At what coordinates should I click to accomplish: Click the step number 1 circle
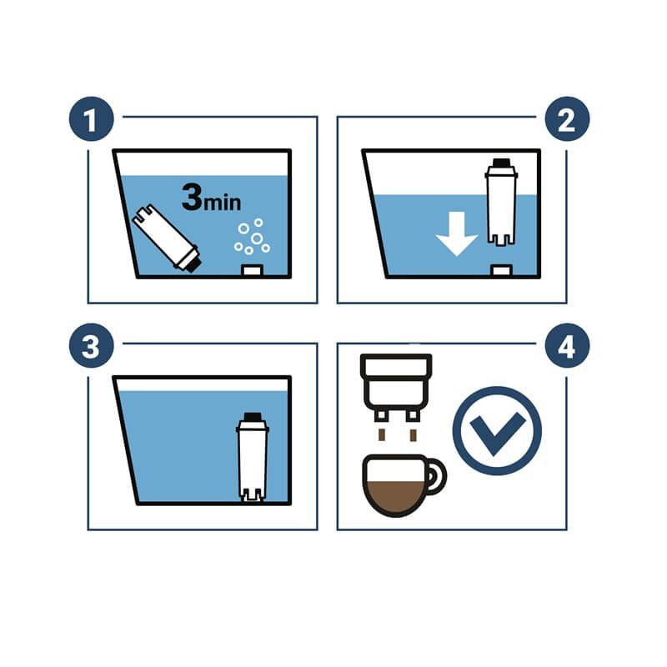[92, 119]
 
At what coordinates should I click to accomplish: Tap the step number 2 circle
[567, 119]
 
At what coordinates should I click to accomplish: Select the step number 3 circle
[92, 346]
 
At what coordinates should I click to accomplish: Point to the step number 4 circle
[567, 346]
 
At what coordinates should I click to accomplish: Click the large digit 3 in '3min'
[192, 197]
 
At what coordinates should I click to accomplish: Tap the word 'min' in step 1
[223, 202]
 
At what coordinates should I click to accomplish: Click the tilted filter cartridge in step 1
[166, 238]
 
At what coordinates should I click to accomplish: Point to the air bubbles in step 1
[253, 236]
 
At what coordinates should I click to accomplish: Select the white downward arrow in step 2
[457, 233]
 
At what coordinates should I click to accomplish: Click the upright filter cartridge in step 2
[502, 202]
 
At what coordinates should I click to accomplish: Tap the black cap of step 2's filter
[502, 163]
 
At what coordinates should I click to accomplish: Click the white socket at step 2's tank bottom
[502, 270]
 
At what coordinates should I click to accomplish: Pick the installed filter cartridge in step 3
[253, 457]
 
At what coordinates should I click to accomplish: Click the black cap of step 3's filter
[253, 416]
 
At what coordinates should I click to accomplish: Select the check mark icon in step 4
[497, 430]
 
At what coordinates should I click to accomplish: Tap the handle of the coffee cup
[439, 476]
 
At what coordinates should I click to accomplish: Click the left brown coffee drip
[382, 435]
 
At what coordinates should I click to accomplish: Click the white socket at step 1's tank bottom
[253, 270]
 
